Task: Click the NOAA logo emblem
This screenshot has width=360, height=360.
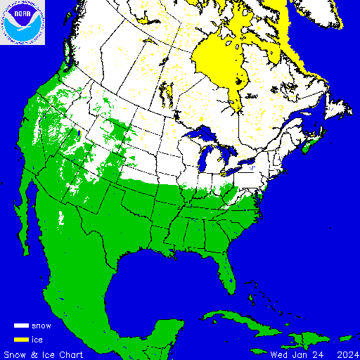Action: [22, 22]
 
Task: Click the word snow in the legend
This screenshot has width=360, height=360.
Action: [41, 326]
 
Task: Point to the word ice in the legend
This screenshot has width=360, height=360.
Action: [38, 340]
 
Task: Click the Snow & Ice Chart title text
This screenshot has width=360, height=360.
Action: [44, 354]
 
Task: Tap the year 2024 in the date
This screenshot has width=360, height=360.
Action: [346, 354]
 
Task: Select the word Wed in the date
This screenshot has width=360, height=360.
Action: [279, 354]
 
